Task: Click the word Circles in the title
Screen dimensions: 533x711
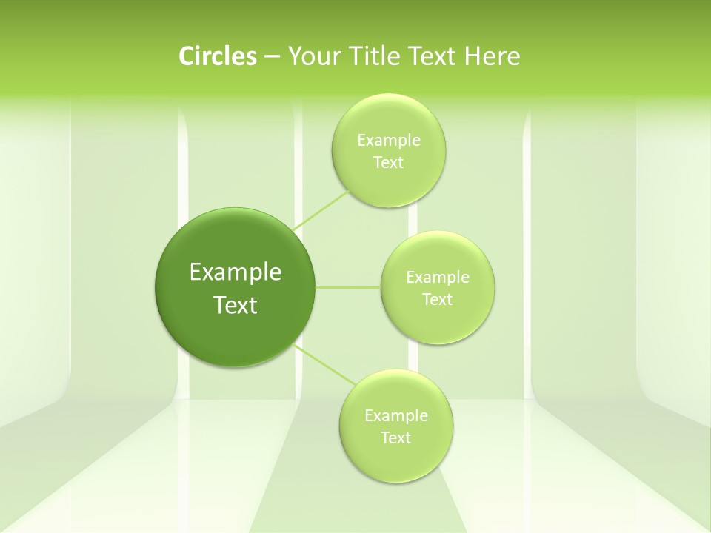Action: coord(217,56)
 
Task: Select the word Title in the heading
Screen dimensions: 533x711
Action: coord(377,56)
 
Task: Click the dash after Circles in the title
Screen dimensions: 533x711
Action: coord(272,57)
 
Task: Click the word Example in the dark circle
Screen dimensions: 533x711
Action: coord(236,272)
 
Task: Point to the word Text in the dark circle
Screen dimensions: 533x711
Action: coord(236,305)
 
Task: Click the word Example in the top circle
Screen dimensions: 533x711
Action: coord(388,141)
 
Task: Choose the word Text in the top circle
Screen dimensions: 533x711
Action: coord(388,163)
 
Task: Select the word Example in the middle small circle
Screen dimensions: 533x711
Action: coord(437,278)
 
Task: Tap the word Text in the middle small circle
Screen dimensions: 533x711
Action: coord(437,300)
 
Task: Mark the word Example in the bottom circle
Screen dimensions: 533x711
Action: coord(395,416)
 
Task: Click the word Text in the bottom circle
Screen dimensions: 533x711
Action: coord(395,438)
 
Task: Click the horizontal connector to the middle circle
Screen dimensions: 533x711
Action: coord(347,286)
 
